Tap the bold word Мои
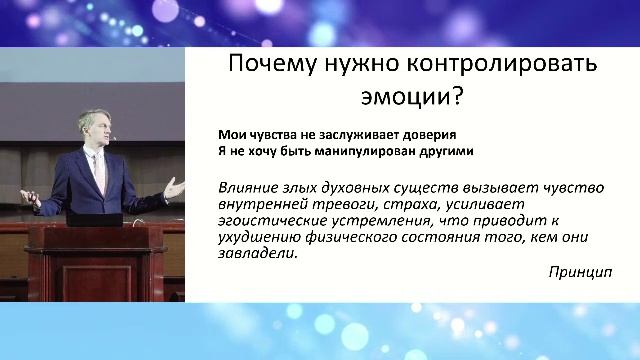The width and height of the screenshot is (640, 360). [230, 135]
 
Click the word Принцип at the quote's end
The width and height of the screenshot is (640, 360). [580, 272]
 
